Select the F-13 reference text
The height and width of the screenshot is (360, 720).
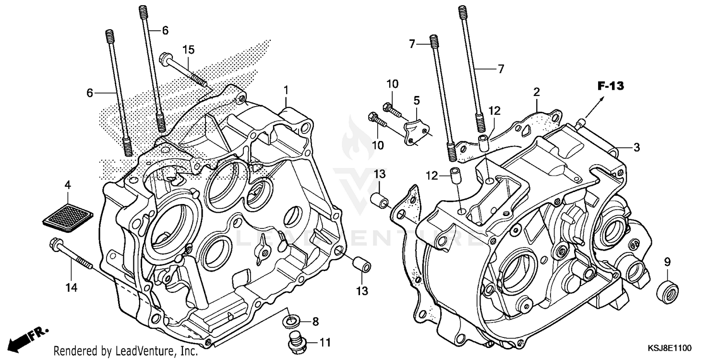click(x=610, y=86)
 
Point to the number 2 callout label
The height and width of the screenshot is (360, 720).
click(x=537, y=91)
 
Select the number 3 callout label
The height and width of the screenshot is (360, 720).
click(x=636, y=148)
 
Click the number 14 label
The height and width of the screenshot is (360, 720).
click(x=72, y=288)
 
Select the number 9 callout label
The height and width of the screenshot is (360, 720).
click(x=667, y=262)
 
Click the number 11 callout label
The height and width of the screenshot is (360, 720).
click(x=325, y=343)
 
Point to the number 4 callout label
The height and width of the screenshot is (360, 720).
click(x=68, y=184)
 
